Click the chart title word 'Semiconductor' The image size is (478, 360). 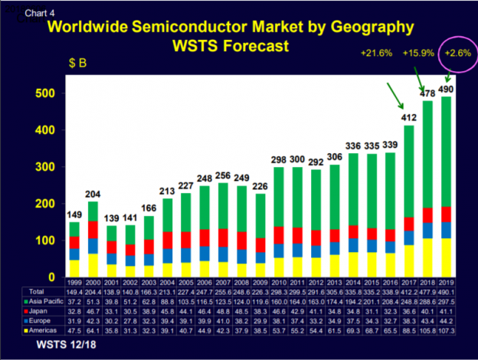(201, 29)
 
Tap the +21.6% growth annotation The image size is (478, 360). (375, 53)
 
